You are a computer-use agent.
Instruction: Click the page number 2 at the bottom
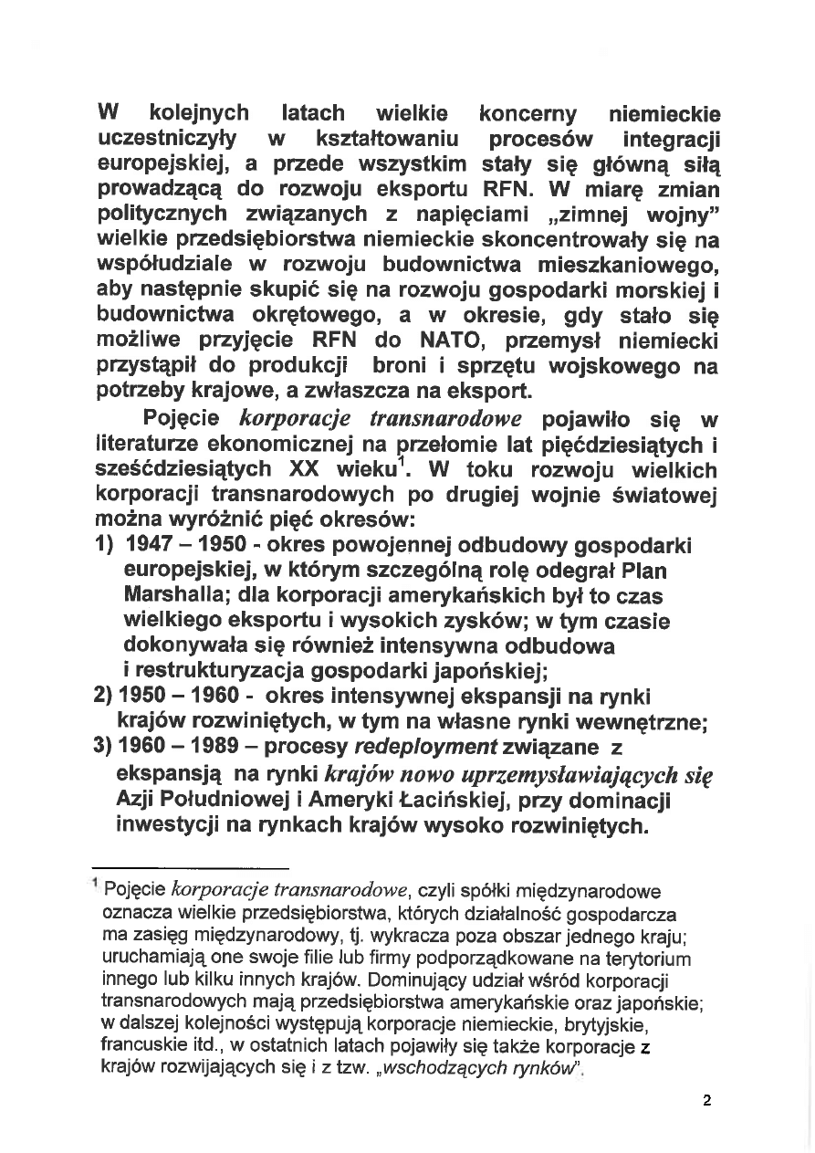click(707, 1100)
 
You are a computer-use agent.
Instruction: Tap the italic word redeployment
click(424, 747)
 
